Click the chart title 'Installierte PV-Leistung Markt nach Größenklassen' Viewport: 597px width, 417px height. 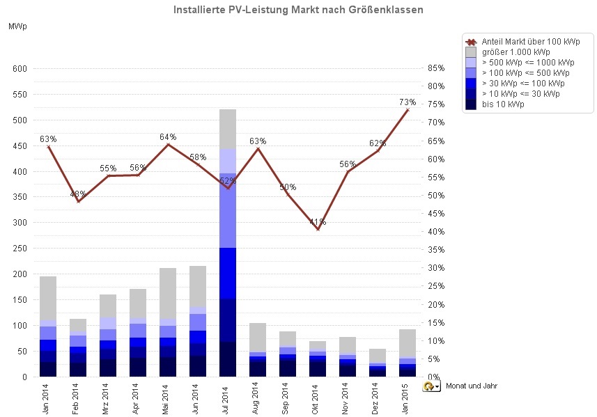coord(297,10)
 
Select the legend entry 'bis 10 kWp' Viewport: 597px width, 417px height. coord(503,104)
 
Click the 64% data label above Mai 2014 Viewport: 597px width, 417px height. coord(168,137)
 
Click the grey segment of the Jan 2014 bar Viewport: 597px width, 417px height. coord(48,298)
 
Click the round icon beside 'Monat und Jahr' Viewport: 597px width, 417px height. coord(429,386)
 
